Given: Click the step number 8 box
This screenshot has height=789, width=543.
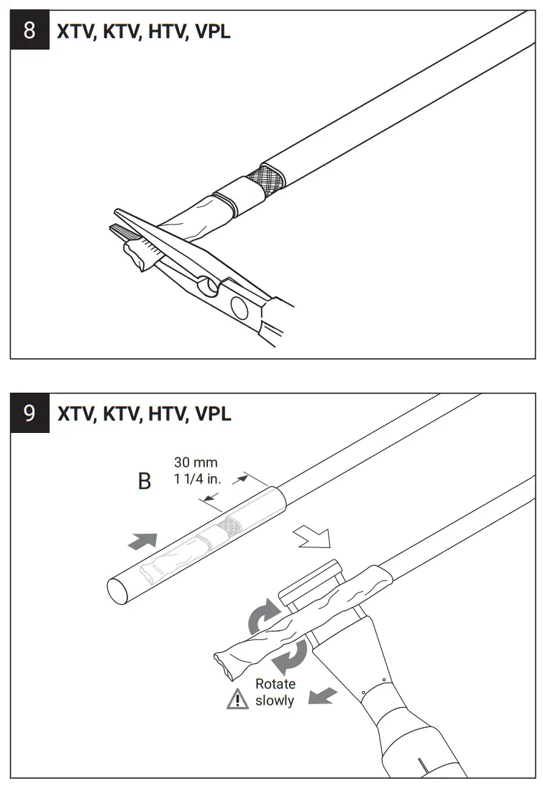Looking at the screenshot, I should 29,31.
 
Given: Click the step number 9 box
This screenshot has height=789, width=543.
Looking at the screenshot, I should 29,414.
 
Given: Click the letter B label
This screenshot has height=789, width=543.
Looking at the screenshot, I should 145,481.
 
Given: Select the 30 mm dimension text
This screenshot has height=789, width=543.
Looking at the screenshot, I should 195,462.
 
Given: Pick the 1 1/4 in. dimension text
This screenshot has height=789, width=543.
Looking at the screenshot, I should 198,478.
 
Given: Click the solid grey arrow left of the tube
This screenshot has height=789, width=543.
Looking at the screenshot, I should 142,542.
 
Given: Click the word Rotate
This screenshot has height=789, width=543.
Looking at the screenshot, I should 275,684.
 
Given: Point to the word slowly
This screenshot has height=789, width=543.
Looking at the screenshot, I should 275,700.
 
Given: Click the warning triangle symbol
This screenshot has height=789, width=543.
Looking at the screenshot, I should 237,698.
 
